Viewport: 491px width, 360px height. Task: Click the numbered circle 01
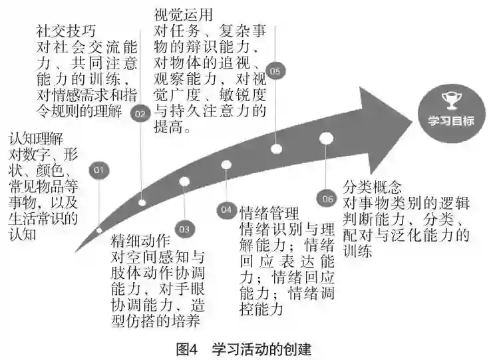(99, 170)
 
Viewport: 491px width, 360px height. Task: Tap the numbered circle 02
(140, 114)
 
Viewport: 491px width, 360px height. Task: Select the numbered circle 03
(184, 229)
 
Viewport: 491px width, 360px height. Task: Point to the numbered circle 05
(275, 70)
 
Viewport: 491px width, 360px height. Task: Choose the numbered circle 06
(327, 198)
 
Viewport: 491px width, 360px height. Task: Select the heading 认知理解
(35, 139)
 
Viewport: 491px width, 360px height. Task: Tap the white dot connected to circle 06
(326, 138)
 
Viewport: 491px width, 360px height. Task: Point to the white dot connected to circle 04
(226, 164)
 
